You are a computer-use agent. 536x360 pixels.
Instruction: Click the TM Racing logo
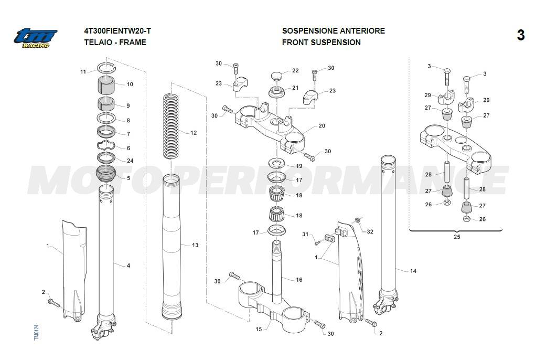35,37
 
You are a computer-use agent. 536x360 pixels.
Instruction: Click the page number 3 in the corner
520,35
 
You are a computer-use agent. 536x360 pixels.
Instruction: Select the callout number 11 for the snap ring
83,71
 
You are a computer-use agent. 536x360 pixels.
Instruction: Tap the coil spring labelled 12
171,125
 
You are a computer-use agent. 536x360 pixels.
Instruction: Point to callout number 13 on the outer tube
195,245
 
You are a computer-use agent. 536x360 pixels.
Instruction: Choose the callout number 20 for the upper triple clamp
321,126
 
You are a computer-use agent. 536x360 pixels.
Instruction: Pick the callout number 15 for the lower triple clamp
259,329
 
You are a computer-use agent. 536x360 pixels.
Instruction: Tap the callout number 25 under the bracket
456,237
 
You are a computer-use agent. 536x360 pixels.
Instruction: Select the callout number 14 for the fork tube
413,271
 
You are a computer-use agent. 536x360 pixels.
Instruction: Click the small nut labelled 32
357,220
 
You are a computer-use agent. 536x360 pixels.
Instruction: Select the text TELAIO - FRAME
115,42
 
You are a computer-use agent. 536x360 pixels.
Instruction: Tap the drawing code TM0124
36,333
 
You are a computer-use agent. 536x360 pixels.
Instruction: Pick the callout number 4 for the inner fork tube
128,266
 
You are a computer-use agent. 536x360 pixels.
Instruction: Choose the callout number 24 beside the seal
130,161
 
